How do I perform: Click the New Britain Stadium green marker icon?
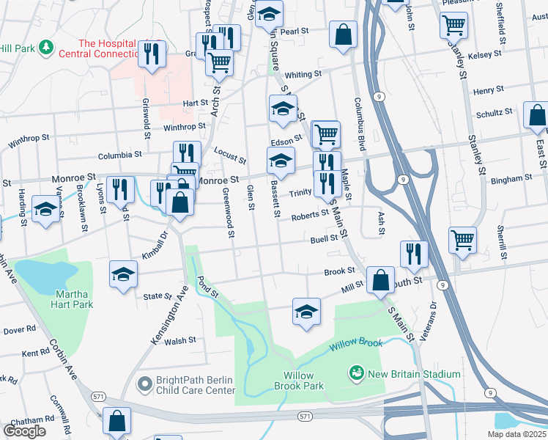tap(357, 374)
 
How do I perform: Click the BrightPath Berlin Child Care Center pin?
tap(145, 382)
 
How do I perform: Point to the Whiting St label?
tap(303, 75)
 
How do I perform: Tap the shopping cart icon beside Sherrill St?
tap(462, 240)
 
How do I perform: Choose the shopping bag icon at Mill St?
tap(381, 279)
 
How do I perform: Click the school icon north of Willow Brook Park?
tap(307, 310)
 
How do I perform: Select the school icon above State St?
tap(123, 274)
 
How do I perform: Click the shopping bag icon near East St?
tap(537, 116)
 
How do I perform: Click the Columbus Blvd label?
tap(359, 121)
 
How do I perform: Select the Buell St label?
tap(323, 238)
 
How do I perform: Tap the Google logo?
tap(25, 431)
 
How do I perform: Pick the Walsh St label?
tap(180, 340)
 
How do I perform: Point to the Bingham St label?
tap(512, 179)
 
